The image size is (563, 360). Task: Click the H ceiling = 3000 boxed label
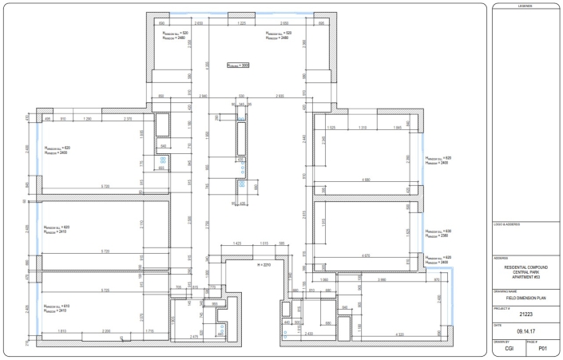tap(239, 66)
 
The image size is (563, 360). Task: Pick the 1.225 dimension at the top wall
tap(241, 26)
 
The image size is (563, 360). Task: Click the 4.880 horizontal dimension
tap(367, 180)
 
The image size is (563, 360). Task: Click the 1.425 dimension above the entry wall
tap(237, 242)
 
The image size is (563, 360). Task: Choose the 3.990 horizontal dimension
tap(383, 280)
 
